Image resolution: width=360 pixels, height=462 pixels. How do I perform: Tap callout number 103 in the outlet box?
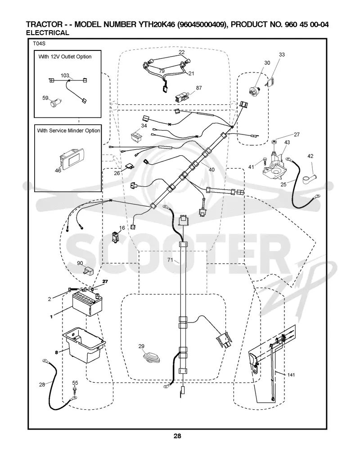pos(65,76)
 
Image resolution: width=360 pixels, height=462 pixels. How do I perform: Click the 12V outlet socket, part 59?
pos(54,103)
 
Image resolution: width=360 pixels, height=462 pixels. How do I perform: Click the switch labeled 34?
pos(137,135)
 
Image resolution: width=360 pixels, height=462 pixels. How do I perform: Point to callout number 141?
pos(291,375)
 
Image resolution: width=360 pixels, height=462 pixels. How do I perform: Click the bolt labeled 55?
pos(75,390)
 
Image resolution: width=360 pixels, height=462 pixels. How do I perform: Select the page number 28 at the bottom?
pos(177,436)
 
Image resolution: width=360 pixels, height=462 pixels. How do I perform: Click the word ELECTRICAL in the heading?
pos(48,33)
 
